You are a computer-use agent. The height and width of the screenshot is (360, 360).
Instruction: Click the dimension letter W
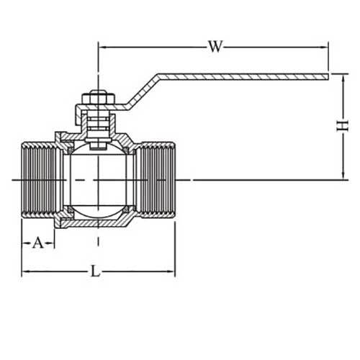(x=215, y=48)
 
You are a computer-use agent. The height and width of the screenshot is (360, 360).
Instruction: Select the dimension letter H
(x=341, y=126)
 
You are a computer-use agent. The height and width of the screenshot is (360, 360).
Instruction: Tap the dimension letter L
(x=95, y=271)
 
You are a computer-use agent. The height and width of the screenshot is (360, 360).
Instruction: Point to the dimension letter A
(x=38, y=243)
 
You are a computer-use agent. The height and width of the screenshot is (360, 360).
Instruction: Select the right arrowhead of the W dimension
(x=325, y=48)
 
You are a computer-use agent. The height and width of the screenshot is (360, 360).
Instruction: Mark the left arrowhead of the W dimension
(x=102, y=48)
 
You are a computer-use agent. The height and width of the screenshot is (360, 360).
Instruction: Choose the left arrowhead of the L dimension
(x=25, y=271)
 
